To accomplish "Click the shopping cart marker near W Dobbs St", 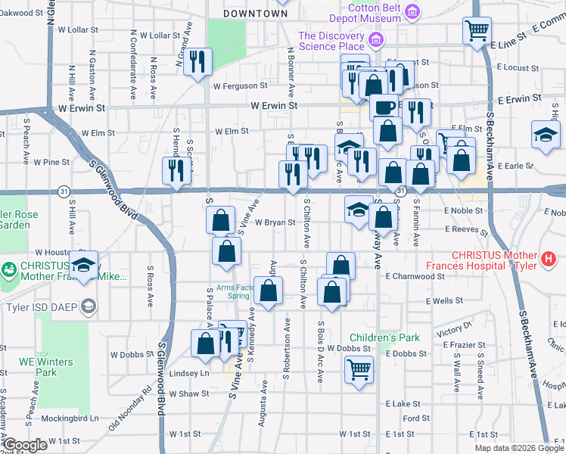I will coord(359,370).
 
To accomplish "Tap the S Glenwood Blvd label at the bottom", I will coord(161,378).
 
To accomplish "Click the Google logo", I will coord(26,445).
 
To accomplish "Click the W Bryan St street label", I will coord(274,223).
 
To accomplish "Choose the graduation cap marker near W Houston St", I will coord(85,264).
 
